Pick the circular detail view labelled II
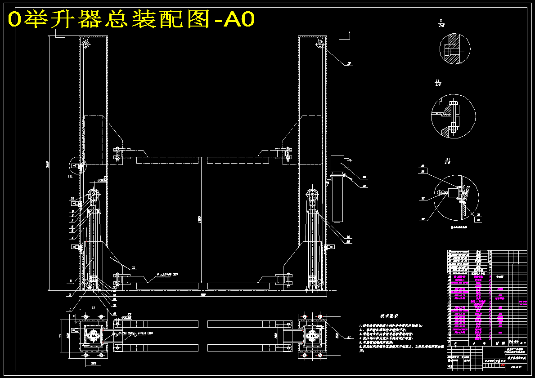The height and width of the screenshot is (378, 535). [453, 116]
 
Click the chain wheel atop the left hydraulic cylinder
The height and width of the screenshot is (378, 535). [94, 195]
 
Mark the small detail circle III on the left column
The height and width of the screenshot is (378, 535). [77, 165]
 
